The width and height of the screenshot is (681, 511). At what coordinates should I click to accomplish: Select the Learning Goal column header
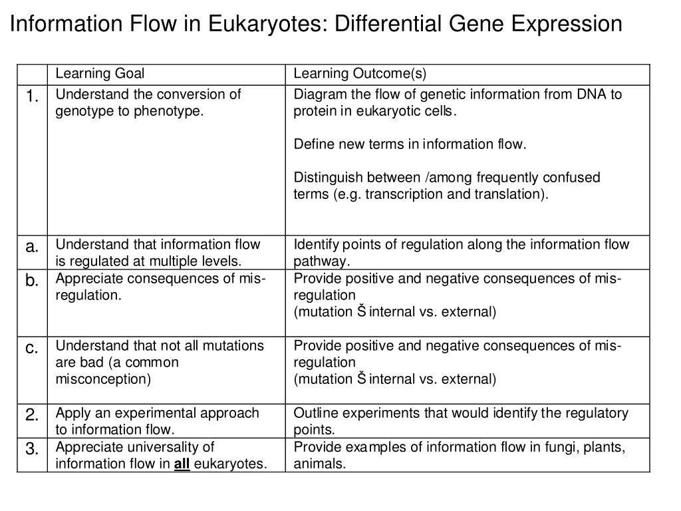[x=100, y=74]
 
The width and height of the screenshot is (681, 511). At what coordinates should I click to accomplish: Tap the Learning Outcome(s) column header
[x=360, y=74]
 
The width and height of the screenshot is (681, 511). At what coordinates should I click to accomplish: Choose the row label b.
[x=32, y=281]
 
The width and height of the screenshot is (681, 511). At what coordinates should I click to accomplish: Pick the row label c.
[x=32, y=348]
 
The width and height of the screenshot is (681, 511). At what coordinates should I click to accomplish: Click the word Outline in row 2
[x=314, y=413]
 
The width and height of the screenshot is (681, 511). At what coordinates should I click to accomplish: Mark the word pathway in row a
[x=322, y=261]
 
